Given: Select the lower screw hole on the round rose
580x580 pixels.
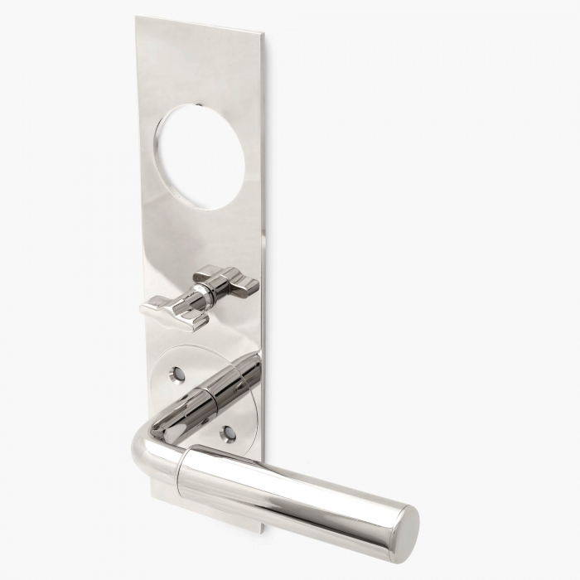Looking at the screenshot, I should click(x=230, y=433).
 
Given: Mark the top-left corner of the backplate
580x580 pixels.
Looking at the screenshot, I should click(x=138, y=17).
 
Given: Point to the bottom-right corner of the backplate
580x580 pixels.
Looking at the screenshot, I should click(x=263, y=530).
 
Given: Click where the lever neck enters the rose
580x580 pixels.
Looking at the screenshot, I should click(x=244, y=365).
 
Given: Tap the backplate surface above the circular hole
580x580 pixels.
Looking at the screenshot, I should click(x=199, y=66).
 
